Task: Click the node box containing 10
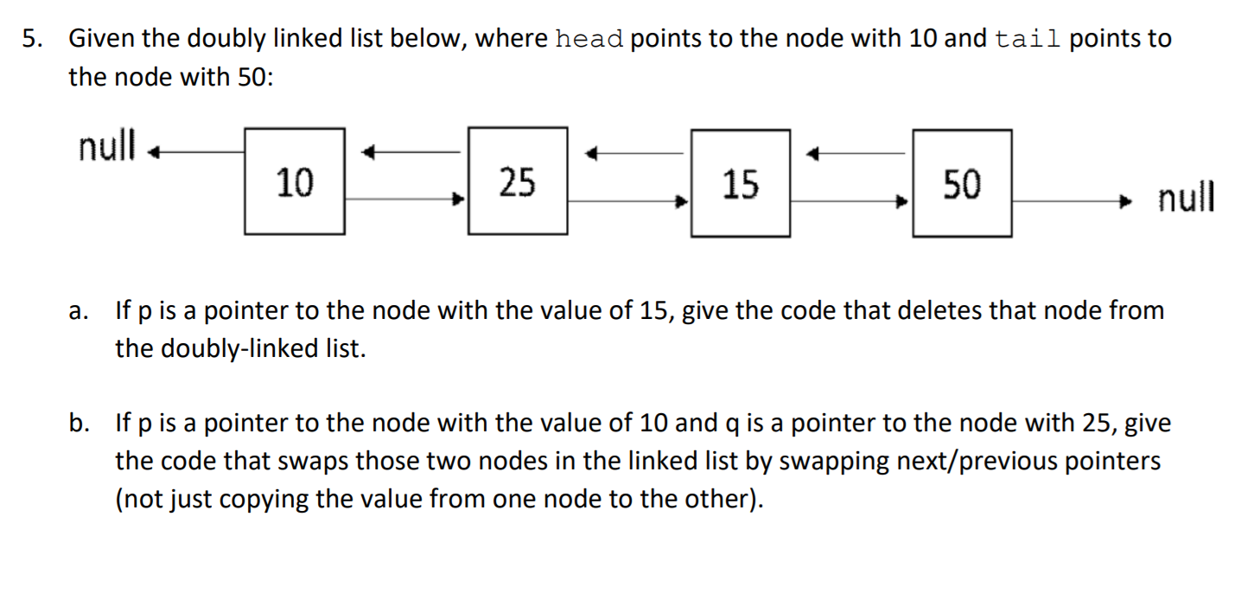(295, 182)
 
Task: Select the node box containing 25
(517, 182)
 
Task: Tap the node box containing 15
(741, 183)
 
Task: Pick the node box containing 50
(962, 183)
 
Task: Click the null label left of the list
(107, 147)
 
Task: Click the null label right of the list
(1186, 199)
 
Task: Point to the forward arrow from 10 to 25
(406, 200)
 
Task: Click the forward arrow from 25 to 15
(628, 201)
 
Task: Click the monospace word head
(589, 40)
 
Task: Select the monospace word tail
(1028, 40)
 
